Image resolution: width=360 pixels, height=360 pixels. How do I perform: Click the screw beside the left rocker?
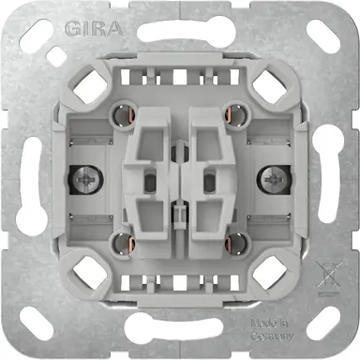click(79, 174)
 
